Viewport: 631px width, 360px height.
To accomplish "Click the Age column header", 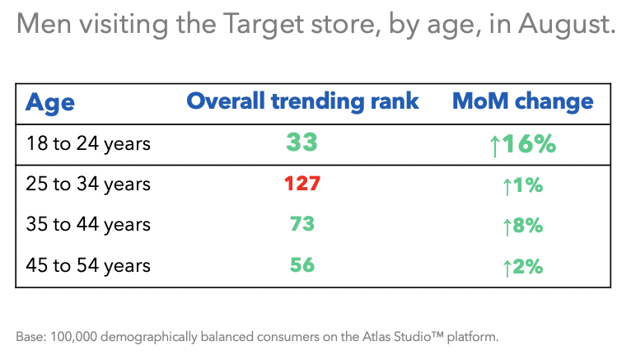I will click(50, 102).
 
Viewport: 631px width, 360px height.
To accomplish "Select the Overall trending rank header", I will click(302, 101).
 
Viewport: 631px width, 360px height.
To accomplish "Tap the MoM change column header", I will click(522, 101).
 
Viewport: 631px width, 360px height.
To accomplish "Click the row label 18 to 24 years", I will click(88, 143).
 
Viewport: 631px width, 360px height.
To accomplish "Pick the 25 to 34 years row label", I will click(88, 185).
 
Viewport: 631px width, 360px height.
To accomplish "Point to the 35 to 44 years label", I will click(88, 225).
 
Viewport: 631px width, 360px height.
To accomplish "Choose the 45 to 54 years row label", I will click(88, 265).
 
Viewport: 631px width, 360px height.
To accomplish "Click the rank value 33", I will click(301, 143).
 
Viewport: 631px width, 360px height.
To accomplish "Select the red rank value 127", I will click(301, 184).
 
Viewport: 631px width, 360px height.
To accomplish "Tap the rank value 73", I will click(301, 224).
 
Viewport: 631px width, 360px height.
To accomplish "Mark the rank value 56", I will click(301, 265).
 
